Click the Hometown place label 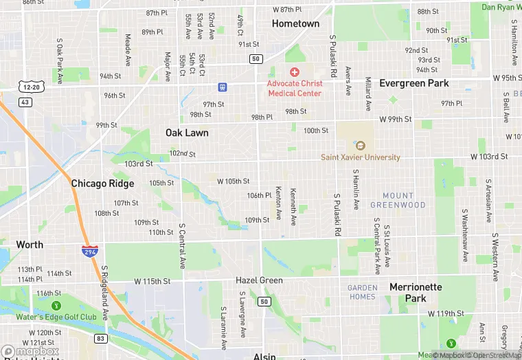click(295, 23)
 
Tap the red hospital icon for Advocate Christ click(295, 72)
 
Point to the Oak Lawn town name click(187, 133)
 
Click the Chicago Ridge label click(102, 183)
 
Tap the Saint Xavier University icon click(360, 145)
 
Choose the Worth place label click(30, 245)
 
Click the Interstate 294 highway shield click(88, 251)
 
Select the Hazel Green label click(259, 281)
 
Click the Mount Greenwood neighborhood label click(398, 201)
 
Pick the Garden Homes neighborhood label click(362, 292)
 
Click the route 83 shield click(101, 338)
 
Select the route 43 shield click(25, 102)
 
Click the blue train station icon click(222, 87)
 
